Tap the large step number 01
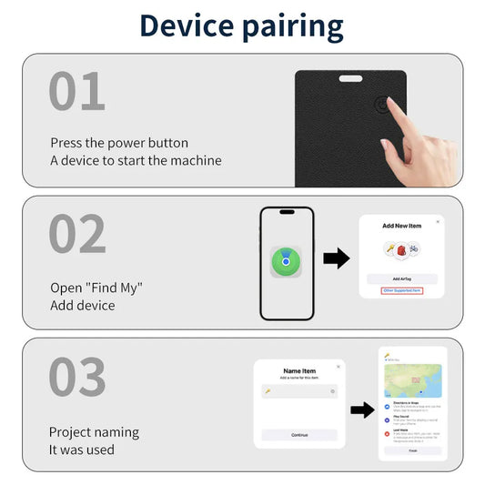pos(77,92)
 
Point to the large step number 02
pos(77,234)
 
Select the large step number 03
pos(77,377)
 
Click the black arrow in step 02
pos(336,258)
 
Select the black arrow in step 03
pos(362,409)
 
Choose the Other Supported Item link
pos(401,290)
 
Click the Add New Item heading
pos(401,225)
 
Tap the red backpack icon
pos(401,248)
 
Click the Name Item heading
pos(298,370)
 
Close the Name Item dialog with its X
pos(338,366)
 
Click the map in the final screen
pos(412,380)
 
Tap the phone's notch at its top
pos(287,212)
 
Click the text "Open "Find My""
pos(96,288)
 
